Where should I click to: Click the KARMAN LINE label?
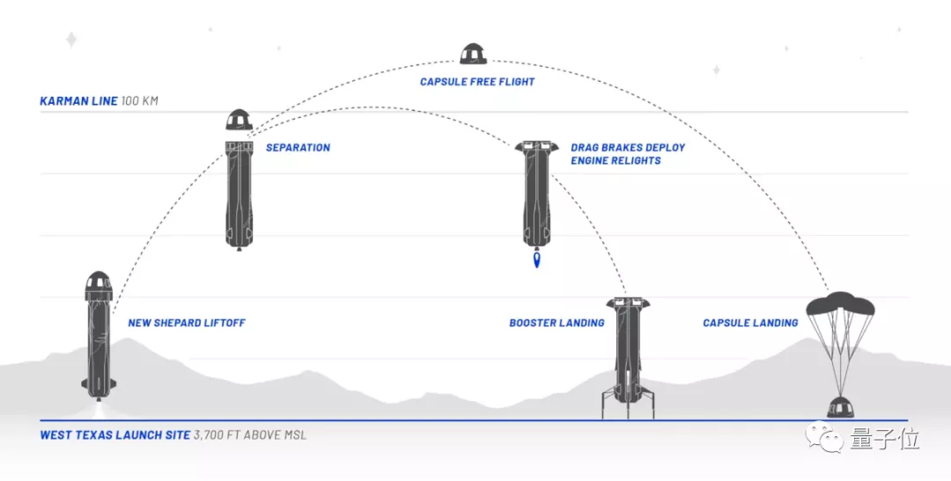click(78, 101)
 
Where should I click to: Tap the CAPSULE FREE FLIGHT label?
click(477, 82)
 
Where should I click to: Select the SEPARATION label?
click(298, 148)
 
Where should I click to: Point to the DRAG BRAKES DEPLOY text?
click(627, 148)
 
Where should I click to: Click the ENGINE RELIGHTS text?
click(616, 161)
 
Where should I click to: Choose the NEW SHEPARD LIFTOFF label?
click(186, 323)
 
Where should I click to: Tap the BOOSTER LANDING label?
click(557, 323)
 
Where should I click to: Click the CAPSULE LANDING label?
click(750, 323)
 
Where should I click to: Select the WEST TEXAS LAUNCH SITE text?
click(114, 435)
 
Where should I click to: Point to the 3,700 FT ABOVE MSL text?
click(250, 435)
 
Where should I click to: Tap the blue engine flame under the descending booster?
click(537, 261)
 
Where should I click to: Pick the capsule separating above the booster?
click(239, 120)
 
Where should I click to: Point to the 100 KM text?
click(140, 101)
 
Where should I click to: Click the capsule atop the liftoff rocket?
click(98, 284)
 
